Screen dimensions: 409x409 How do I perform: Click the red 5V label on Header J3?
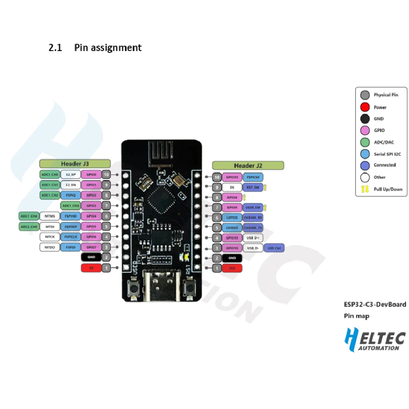click(x=92, y=268)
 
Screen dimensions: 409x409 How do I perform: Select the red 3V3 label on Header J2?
click(x=232, y=268)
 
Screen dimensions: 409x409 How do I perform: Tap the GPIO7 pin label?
click(x=92, y=247)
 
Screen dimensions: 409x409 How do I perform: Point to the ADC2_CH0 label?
click(x=29, y=226)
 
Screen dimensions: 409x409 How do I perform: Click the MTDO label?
click(x=49, y=247)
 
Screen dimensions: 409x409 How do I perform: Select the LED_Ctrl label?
click(x=274, y=248)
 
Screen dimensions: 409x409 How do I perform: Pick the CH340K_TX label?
click(x=253, y=227)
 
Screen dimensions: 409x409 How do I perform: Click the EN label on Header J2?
click(x=232, y=188)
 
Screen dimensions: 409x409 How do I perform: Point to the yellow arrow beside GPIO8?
click(x=244, y=197)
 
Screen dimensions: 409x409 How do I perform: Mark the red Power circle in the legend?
click(x=365, y=107)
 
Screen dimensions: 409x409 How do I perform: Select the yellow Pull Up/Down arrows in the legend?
click(x=365, y=189)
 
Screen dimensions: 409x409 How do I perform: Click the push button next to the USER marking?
click(x=133, y=290)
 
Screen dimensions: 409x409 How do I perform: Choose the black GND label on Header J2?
click(x=232, y=258)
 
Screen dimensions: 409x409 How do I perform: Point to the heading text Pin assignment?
click(x=108, y=48)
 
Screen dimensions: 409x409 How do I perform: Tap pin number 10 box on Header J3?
click(x=106, y=174)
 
